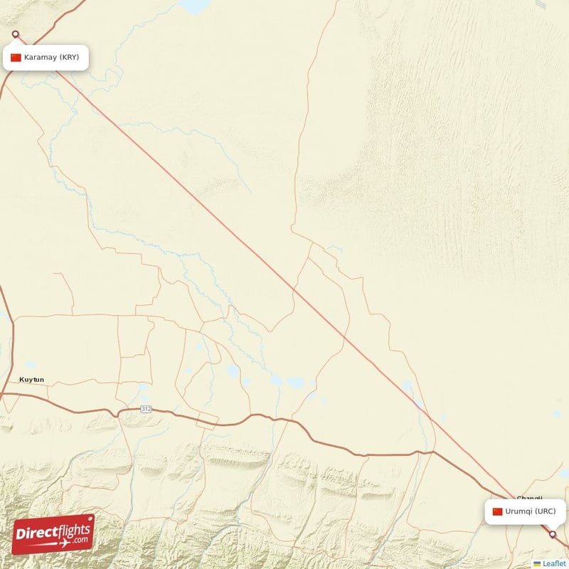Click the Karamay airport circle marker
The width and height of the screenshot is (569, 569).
(x=16, y=33)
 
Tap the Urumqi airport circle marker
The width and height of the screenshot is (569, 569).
(x=553, y=533)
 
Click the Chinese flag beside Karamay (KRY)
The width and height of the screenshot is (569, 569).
(x=16, y=58)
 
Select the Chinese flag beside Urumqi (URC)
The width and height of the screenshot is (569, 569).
(x=497, y=511)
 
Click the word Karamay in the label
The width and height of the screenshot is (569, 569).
(x=41, y=58)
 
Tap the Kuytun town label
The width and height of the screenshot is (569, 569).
(x=31, y=379)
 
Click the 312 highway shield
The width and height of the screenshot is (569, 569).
(x=146, y=409)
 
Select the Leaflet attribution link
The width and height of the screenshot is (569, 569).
(x=554, y=563)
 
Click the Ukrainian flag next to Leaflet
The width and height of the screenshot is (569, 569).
(x=537, y=563)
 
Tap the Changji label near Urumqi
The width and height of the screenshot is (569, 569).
(x=530, y=499)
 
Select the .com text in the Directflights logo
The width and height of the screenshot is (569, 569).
(x=80, y=541)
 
